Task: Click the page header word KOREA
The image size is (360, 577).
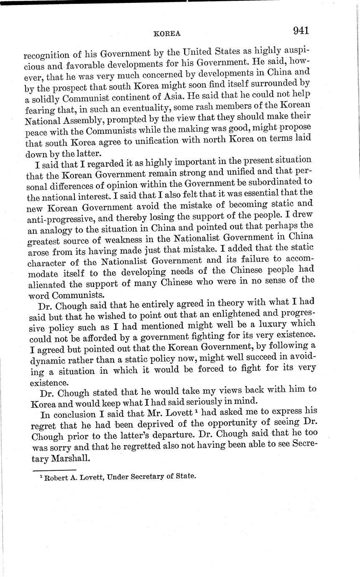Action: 167,34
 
